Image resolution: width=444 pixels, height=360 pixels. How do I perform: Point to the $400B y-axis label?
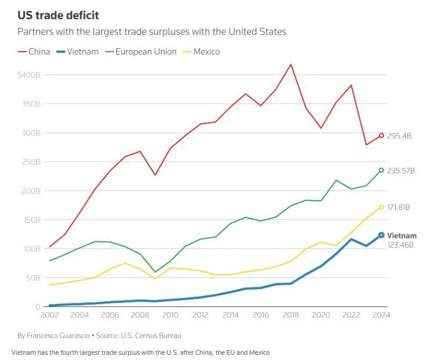28,75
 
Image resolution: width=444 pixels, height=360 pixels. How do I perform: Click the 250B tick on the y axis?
30,162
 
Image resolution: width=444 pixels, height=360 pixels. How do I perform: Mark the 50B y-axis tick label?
32,277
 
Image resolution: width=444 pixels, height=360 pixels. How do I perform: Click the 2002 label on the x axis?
50,315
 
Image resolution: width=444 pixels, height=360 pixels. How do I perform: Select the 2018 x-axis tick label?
291,315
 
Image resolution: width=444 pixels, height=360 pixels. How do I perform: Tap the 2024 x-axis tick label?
381,315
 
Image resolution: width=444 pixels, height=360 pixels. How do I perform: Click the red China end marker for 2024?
381,136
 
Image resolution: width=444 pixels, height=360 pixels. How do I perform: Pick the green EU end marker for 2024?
381,170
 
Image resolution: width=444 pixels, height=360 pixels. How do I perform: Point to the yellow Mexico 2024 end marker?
381,207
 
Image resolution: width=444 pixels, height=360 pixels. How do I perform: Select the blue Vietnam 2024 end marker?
381,235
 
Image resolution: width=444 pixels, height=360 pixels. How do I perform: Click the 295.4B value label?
399,136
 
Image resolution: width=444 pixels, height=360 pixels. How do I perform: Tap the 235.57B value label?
401,171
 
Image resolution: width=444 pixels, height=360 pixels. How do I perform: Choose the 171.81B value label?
399,208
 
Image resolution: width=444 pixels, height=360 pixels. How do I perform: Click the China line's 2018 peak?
291,64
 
